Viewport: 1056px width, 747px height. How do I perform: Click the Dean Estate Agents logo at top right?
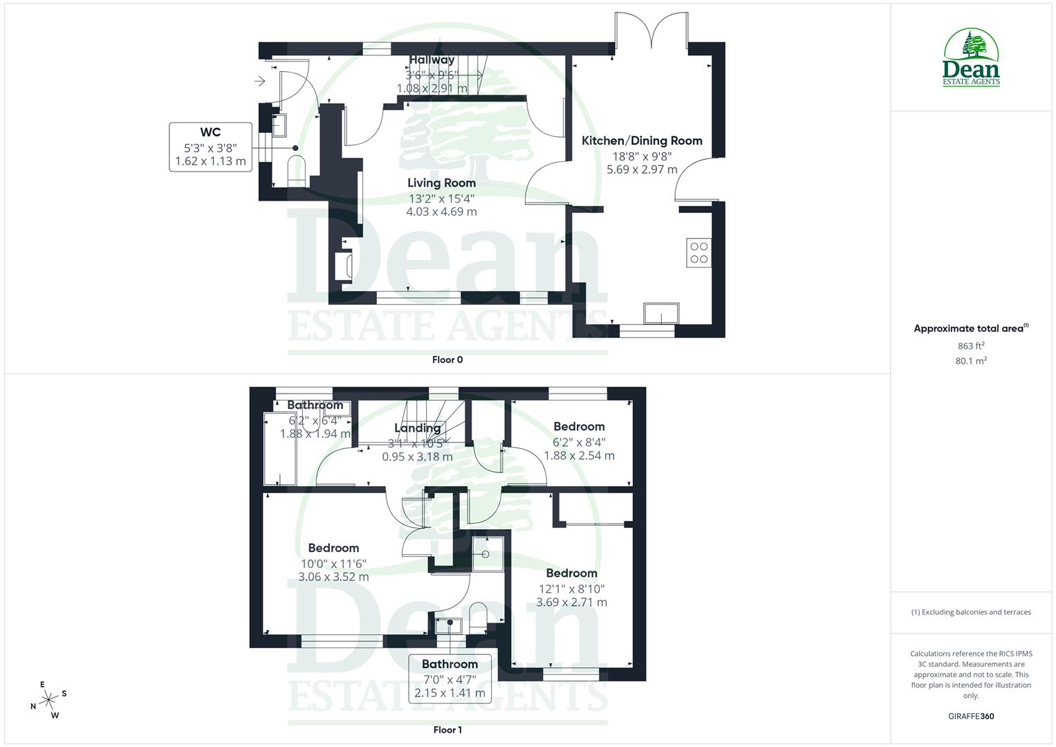pos(972,57)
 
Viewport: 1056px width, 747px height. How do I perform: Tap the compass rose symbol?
pos(48,700)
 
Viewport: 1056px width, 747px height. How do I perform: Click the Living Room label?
pos(441,183)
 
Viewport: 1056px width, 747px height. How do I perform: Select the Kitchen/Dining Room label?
pos(642,141)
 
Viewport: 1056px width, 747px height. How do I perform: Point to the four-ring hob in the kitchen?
pos(698,252)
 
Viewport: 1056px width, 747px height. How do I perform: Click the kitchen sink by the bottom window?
pos(661,313)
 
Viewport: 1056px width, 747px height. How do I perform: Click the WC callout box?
pos(210,147)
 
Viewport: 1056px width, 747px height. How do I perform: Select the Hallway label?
pos(432,60)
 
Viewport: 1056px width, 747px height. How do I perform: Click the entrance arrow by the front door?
pos(260,82)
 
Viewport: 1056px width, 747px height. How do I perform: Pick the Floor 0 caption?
pos(447,360)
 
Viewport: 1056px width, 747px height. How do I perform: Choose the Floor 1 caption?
pos(447,730)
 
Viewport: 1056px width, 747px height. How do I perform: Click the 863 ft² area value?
pos(971,346)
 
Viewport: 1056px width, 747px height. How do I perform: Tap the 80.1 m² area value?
pos(971,360)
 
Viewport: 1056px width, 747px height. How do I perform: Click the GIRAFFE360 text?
pos(971,717)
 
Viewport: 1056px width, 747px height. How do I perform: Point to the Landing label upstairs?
pos(417,428)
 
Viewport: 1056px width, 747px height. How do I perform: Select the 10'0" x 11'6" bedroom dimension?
pos(333,564)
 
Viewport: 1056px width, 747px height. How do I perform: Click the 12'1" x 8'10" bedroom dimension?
pos(572,589)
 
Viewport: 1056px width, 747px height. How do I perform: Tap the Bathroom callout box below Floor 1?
pos(450,678)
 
